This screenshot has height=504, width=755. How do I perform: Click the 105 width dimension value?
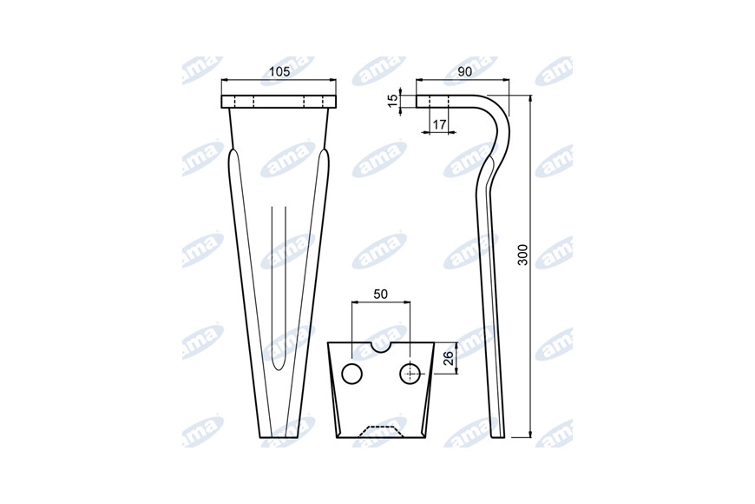[x=279, y=72]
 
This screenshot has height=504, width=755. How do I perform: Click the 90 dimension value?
[x=464, y=72]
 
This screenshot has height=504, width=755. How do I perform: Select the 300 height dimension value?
[x=523, y=255]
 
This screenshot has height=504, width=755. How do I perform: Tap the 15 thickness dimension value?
[x=393, y=100]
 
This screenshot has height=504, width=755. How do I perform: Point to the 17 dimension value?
[x=438, y=124]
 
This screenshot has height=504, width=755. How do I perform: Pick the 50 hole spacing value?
[x=380, y=295]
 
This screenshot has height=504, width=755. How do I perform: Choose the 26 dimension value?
[x=448, y=358]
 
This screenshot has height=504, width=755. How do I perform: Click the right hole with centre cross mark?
[x=410, y=374]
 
